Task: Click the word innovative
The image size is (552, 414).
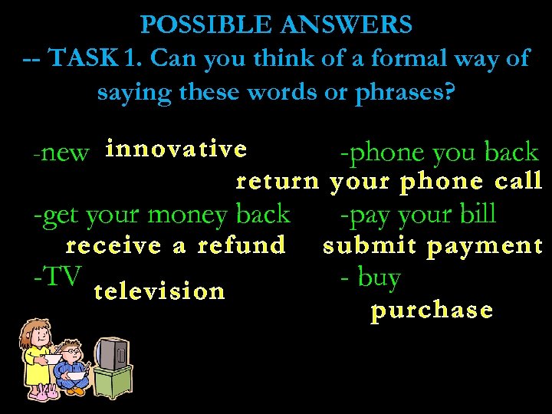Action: pos(176,149)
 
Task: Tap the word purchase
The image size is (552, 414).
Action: pos(431,311)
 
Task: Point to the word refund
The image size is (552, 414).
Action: pos(241,246)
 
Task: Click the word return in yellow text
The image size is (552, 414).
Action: pos(277,182)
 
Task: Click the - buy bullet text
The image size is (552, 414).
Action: pos(370,278)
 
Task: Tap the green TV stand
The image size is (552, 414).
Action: pos(113,383)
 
